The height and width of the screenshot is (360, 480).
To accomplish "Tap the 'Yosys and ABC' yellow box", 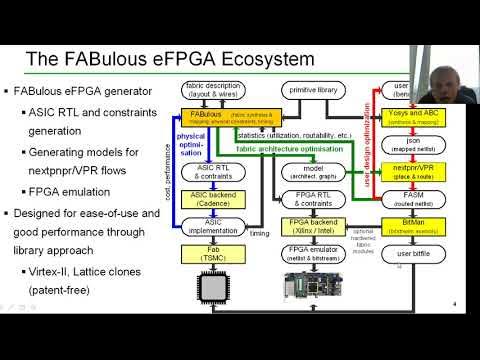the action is point(412,116).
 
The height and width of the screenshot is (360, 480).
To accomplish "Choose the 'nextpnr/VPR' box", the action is point(412,163).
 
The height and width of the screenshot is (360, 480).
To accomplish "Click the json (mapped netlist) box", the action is point(412,140).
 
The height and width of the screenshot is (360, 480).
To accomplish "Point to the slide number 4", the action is point(456,304).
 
